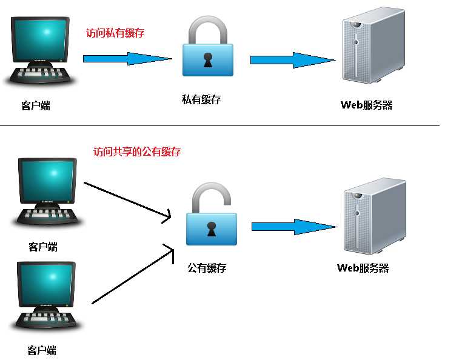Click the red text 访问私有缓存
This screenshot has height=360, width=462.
115,33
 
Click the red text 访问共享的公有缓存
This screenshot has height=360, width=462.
137,152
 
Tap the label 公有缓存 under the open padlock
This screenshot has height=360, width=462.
207,267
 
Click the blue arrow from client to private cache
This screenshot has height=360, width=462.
127,59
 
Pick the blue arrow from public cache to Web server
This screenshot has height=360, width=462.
293,227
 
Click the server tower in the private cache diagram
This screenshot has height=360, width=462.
372,47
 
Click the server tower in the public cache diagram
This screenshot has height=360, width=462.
373,215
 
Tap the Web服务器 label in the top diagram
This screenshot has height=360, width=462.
366,105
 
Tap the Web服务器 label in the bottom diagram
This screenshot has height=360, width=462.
363,268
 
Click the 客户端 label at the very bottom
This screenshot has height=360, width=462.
42,350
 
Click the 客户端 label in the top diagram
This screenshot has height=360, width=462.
36,106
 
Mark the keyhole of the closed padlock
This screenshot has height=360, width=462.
208,61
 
